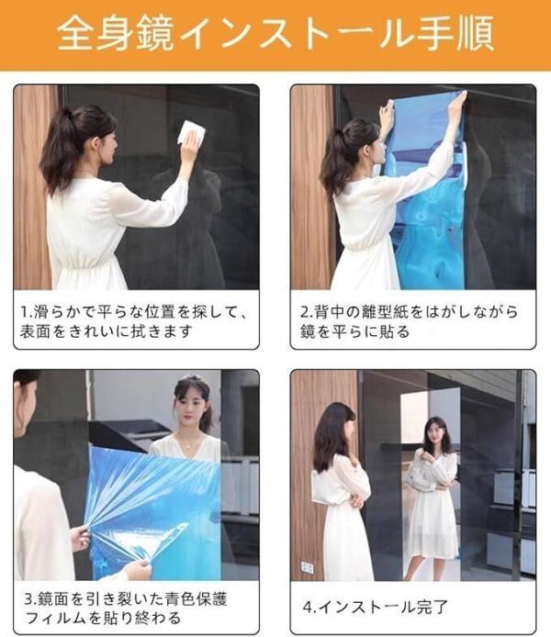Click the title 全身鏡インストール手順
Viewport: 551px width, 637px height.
pos(275,34)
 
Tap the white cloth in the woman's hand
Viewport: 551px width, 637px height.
pos(190,134)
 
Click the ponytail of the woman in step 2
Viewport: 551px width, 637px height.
pos(336,156)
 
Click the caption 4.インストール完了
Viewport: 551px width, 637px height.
pos(376,606)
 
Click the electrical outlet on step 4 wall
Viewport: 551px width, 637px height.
pos(306,566)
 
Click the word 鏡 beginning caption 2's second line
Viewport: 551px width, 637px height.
pos(308,332)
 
